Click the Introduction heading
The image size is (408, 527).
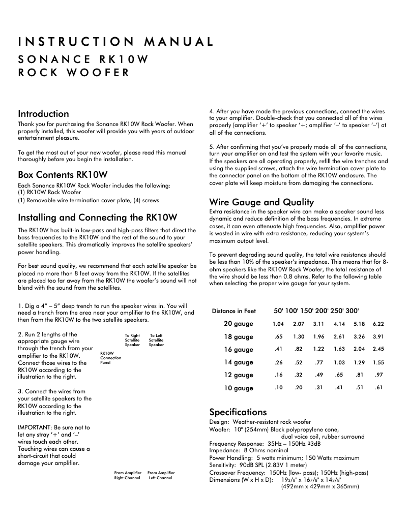tap(43, 114)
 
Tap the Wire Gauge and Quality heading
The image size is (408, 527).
tap(261, 202)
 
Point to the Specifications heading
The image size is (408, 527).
tap(238, 412)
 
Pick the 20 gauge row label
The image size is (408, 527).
tap(238, 324)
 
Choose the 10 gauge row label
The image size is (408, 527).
tap(238, 388)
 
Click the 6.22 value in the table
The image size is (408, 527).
tap(378, 324)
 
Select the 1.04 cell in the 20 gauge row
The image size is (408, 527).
tap(278, 324)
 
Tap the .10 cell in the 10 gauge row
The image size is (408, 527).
tap(278, 388)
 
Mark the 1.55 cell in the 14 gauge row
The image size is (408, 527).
tap(378, 362)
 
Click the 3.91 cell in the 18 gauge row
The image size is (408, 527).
tap(378, 336)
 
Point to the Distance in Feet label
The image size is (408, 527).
tap(234, 311)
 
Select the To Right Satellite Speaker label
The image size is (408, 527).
tap(132, 340)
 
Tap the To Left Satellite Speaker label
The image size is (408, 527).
tap(156, 340)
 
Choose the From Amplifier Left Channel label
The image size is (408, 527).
tap(161, 475)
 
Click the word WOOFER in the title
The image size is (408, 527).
tap(96, 72)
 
